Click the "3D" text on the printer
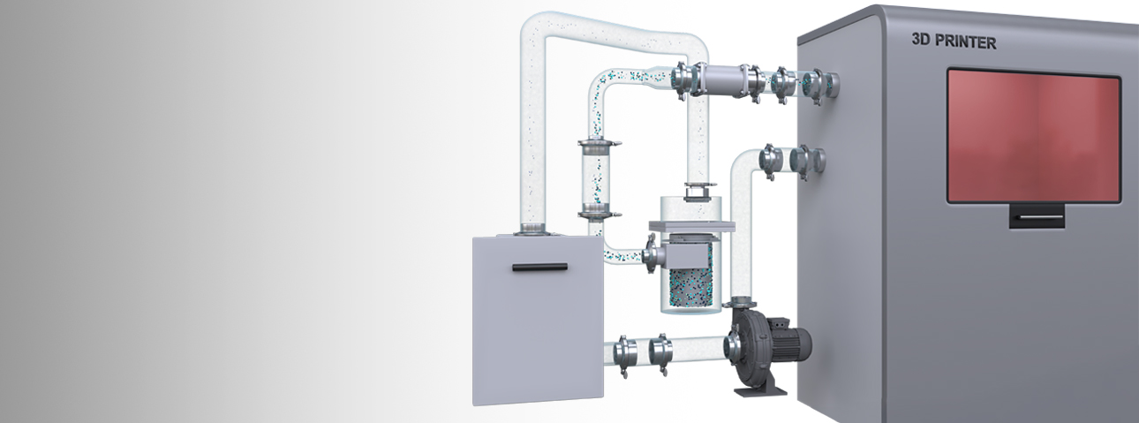921,40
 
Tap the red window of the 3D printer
1034,136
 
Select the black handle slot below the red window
1037,217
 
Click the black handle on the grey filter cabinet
540,267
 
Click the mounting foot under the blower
761,390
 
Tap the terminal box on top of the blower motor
777,323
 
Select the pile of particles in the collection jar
690,287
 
